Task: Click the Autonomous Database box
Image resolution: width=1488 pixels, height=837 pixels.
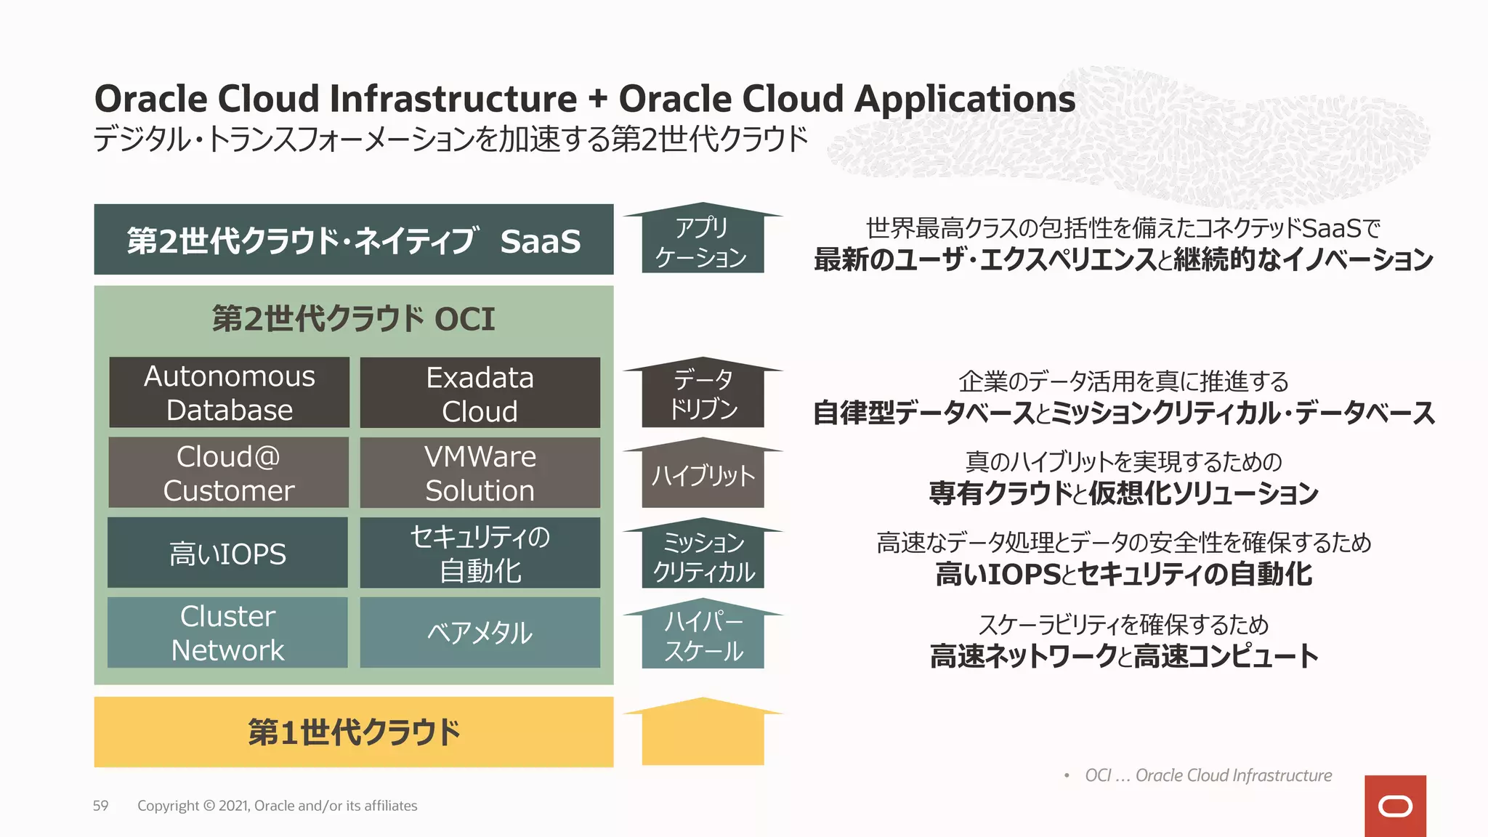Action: [229, 392]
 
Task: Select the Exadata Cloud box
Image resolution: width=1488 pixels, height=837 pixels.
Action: [480, 392]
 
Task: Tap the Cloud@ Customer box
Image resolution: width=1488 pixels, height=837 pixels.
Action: [229, 472]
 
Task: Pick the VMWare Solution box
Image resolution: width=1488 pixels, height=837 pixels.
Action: [480, 472]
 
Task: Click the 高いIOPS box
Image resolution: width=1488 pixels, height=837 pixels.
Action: [227, 553]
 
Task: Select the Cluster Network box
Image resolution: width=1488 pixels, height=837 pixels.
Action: [227, 633]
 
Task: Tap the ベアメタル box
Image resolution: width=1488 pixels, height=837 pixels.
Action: [480, 633]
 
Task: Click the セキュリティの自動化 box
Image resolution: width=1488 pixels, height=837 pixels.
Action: [480, 553]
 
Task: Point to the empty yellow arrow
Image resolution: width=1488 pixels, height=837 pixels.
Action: [703, 734]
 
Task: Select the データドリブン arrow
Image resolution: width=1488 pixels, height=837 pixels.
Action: [703, 395]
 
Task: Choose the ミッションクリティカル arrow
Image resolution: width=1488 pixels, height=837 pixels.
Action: [703, 557]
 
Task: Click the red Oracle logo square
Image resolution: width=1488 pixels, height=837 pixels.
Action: [1395, 806]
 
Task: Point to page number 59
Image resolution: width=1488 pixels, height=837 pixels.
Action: [100, 806]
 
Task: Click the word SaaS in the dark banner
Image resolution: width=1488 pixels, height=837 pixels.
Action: [540, 241]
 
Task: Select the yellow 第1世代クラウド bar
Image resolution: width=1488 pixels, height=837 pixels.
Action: [354, 732]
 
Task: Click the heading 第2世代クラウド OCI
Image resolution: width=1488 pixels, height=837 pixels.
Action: [354, 319]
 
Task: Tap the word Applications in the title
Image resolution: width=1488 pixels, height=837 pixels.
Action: [964, 99]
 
